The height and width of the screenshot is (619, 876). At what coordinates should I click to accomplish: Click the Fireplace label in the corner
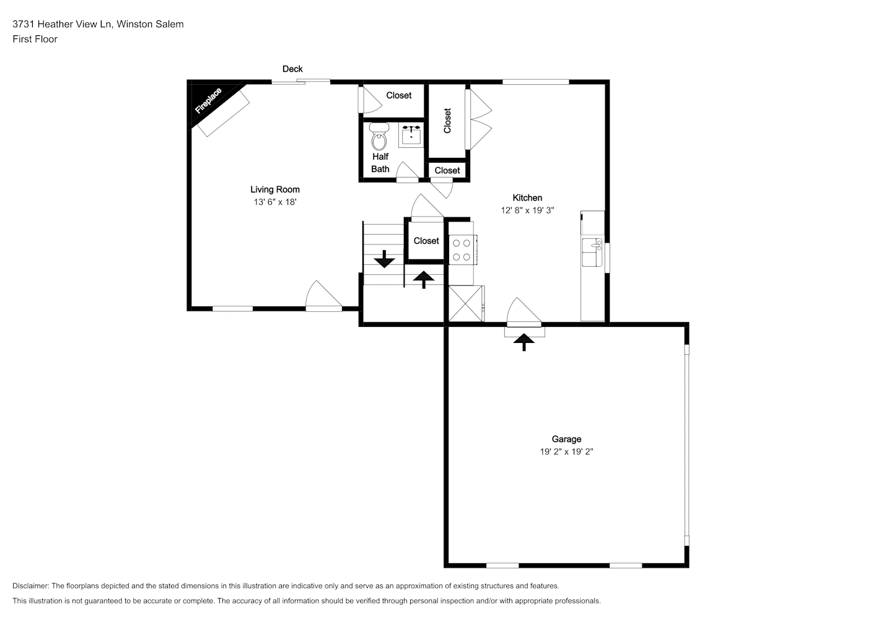point(208,101)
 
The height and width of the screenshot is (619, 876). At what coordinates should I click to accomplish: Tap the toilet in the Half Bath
point(379,136)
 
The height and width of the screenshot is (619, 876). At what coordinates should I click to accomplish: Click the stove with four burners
point(462,249)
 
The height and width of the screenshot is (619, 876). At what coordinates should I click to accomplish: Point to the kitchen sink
point(592,252)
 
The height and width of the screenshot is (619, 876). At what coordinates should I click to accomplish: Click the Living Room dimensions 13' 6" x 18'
point(275,202)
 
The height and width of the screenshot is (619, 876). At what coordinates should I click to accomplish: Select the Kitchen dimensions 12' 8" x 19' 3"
point(527,210)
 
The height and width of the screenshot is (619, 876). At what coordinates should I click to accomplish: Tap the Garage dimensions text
point(566,452)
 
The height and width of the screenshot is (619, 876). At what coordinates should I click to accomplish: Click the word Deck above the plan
point(292,69)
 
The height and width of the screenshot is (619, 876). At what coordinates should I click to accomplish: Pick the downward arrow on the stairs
point(384,259)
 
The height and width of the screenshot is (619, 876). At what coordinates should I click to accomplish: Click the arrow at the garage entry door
point(523,342)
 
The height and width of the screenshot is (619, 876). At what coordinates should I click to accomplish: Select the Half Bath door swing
point(408,172)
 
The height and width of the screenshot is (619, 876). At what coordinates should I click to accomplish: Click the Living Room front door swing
point(323,296)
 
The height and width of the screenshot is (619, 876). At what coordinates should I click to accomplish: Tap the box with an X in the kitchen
point(465,304)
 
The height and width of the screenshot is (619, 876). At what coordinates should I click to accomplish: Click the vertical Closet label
point(447,120)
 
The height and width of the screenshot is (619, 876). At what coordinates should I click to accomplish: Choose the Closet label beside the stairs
point(426,241)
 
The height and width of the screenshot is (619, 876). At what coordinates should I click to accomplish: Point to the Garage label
point(566,439)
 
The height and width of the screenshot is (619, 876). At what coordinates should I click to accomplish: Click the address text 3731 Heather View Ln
point(63,24)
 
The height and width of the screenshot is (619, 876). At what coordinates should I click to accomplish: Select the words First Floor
point(35,39)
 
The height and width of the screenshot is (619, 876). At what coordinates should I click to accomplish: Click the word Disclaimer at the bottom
point(31,586)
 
